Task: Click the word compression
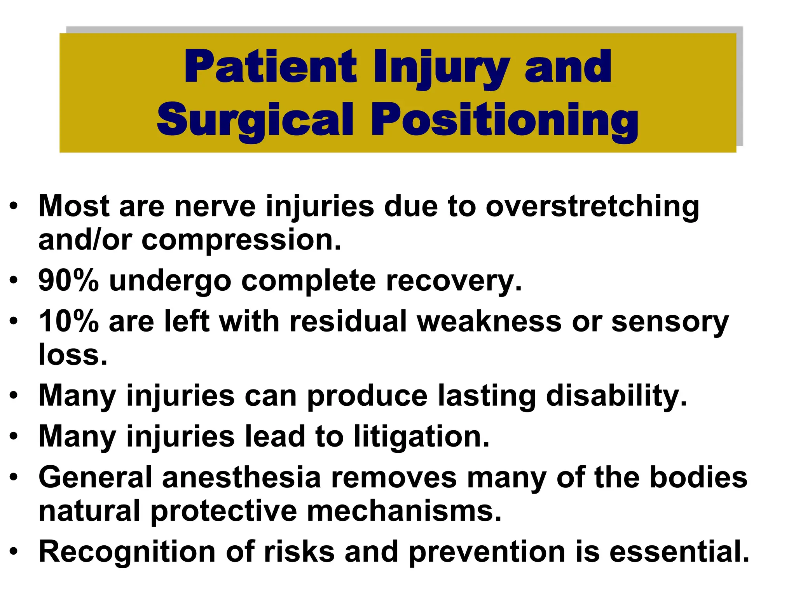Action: [x=241, y=240]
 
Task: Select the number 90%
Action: [x=68, y=280]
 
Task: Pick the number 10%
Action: [x=68, y=321]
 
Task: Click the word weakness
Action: [x=489, y=321]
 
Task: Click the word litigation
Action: [x=421, y=437]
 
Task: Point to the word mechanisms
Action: [x=404, y=511]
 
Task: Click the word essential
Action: [x=679, y=552]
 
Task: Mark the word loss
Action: [x=73, y=354]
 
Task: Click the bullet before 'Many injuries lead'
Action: [x=14, y=437]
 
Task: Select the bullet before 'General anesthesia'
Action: [x=14, y=478]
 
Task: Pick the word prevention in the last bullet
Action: [x=487, y=552]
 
